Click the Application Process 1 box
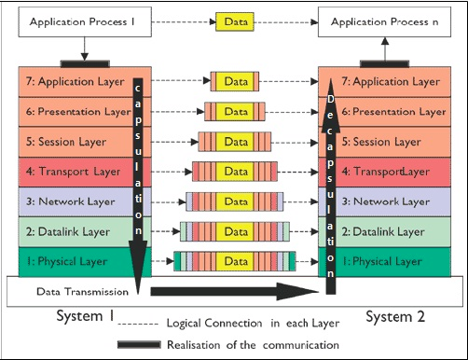pyautogui.click(x=85, y=22)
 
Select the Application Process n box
pyautogui.click(x=384, y=22)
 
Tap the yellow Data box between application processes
pyautogui.click(x=235, y=21)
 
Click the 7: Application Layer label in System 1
pyautogui.click(x=75, y=82)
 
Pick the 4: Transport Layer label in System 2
pyautogui.click(x=386, y=172)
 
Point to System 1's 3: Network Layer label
pyautogui.click(x=71, y=201)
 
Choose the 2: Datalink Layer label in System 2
pyautogui.click(x=383, y=231)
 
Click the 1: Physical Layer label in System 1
pyautogui.click(x=67, y=261)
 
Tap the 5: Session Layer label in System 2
pyautogui.click(x=381, y=142)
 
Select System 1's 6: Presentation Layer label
pyautogui.click(x=78, y=112)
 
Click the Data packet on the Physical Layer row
pyautogui.click(x=235, y=261)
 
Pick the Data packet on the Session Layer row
pyautogui.click(x=235, y=142)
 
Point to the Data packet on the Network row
pyautogui.click(x=235, y=201)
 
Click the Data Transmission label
pyautogui.click(x=82, y=292)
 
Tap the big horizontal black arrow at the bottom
pyautogui.click(x=235, y=291)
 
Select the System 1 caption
pyautogui.click(x=85, y=316)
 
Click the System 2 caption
pyautogui.click(x=395, y=316)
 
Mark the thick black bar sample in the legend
pyautogui.click(x=139, y=344)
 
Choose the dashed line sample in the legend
pyautogui.click(x=138, y=324)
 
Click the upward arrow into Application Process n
pyautogui.click(x=385, y=49)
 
